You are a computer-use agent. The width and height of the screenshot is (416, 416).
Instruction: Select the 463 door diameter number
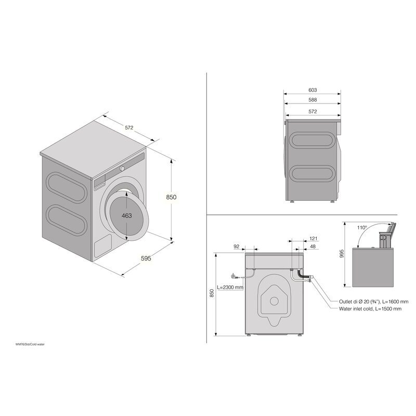[x=127, y=215]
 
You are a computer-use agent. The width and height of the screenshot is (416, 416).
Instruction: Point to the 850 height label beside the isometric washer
[x=172, y=197]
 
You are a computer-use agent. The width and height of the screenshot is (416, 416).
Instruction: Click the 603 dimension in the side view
[x=312, y=90]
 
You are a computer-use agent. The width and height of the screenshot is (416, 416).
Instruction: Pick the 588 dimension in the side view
[x=312, y=100]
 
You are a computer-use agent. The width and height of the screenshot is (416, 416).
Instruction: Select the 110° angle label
[x=362, y=227]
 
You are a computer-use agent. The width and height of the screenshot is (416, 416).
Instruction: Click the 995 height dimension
[x=342, y=253]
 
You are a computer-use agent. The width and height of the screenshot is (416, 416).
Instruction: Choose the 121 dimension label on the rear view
[x=314, y=238]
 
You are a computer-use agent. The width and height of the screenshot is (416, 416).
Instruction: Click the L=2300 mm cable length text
[x=230, y=287]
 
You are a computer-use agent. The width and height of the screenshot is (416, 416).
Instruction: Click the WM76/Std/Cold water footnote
[x=30, y=345]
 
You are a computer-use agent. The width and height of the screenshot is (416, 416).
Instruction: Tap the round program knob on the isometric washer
[x=122, y=168]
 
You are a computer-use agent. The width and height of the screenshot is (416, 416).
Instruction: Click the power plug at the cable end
[x=233, y=276]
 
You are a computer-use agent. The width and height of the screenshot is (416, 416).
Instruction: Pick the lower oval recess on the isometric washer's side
[x=66, y=219]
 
